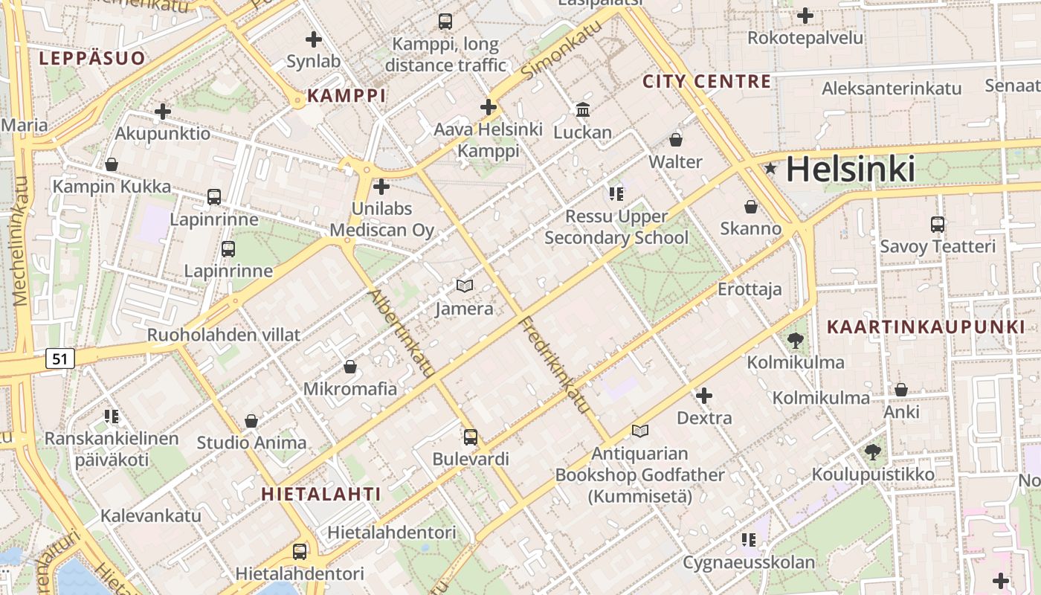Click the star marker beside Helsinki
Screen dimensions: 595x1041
click(x=771, y=170)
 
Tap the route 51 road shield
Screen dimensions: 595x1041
click(x=60, y=359)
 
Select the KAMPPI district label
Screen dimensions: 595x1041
click(x=347, y=95)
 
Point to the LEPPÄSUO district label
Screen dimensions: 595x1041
click(x=92, y=59)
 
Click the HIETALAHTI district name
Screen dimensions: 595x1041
click(x=321, y=494)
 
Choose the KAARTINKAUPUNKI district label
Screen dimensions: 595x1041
click(x=926, y=327)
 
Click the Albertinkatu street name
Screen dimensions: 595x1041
click(x=402, y=333)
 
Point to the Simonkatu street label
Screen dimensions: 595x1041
click(x=561, y=51)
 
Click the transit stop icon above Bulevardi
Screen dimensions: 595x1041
click(x=470, y=437)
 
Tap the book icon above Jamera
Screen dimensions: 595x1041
click(x=465, y=286)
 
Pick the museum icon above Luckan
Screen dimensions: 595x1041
click(x=583, y=110)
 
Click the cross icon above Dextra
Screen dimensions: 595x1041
click(x=703, y=396)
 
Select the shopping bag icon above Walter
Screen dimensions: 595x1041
click(x=676, y=139)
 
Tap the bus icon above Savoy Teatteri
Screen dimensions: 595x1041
click(x=938, y=224)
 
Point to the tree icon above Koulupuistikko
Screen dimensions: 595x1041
click(x=873, y=451)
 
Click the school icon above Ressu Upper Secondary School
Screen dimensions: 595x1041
click(x=616, y=194)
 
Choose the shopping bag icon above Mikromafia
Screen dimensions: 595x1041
click(x=350, y=367)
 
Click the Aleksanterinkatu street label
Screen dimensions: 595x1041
click(x=892, y=89)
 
